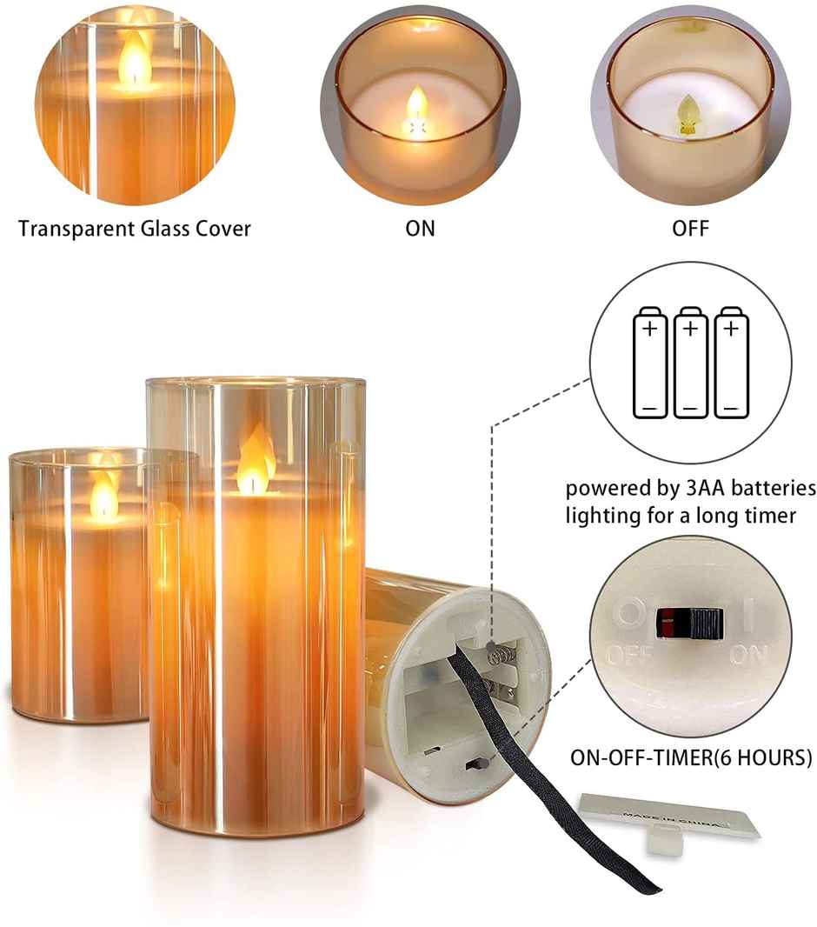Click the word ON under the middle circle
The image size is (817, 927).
point(420,229)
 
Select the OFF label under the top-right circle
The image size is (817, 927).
point(690,229)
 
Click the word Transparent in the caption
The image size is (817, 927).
point(74,229)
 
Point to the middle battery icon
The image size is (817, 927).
point(689,362)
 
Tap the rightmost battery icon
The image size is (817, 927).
point(730,362)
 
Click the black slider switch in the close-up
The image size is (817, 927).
point(690,623)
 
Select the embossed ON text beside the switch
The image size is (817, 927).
point(748,655)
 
